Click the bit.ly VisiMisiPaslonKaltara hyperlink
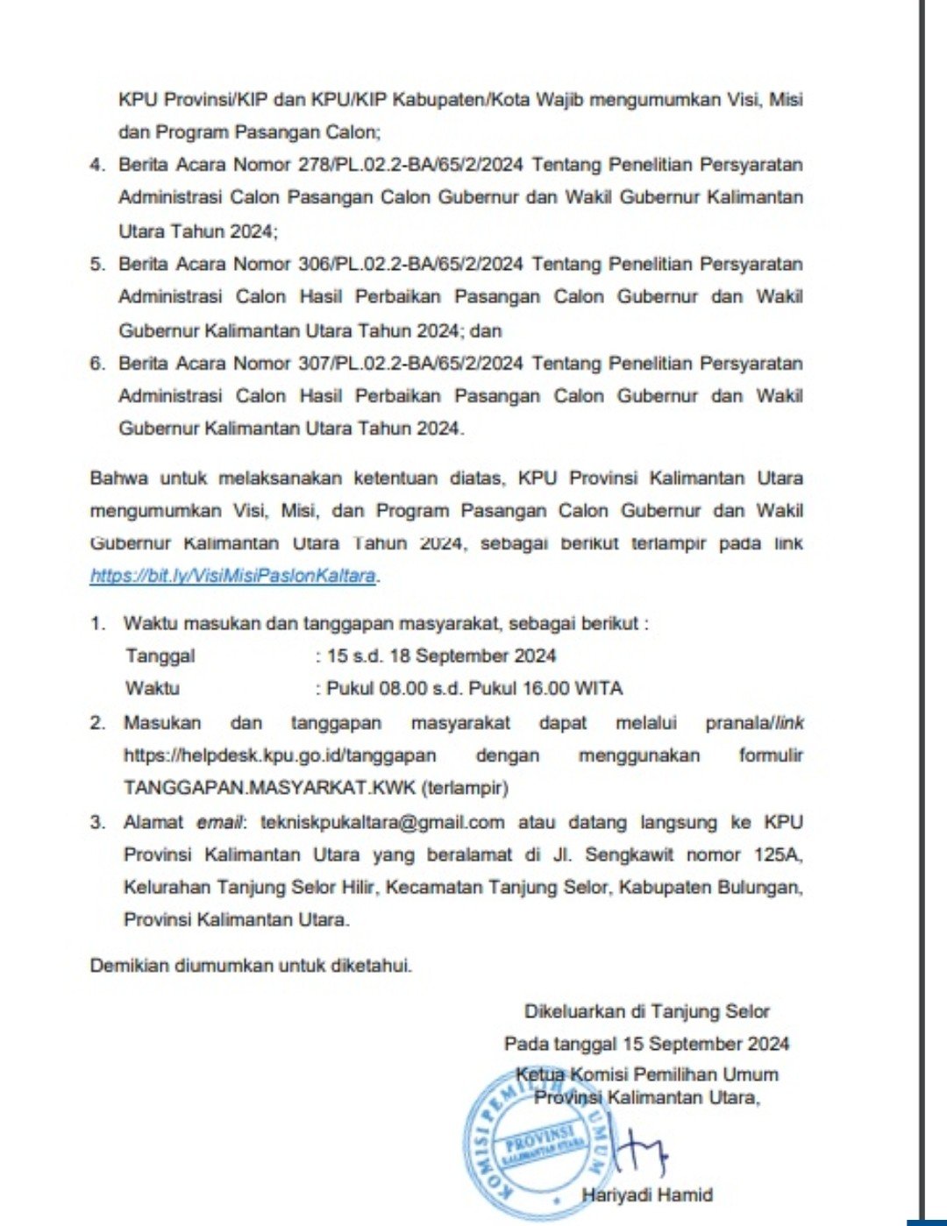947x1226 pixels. (x=234, y=576)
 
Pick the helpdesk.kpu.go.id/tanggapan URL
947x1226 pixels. (x=280, y=755)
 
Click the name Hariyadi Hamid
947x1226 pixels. (x=647, y=1194)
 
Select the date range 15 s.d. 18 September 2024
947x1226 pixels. (x=441, y=656)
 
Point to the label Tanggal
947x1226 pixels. (x=160, y=656)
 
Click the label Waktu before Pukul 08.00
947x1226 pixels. (x=153, y=688)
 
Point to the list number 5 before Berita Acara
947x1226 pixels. (x=96, y=264)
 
